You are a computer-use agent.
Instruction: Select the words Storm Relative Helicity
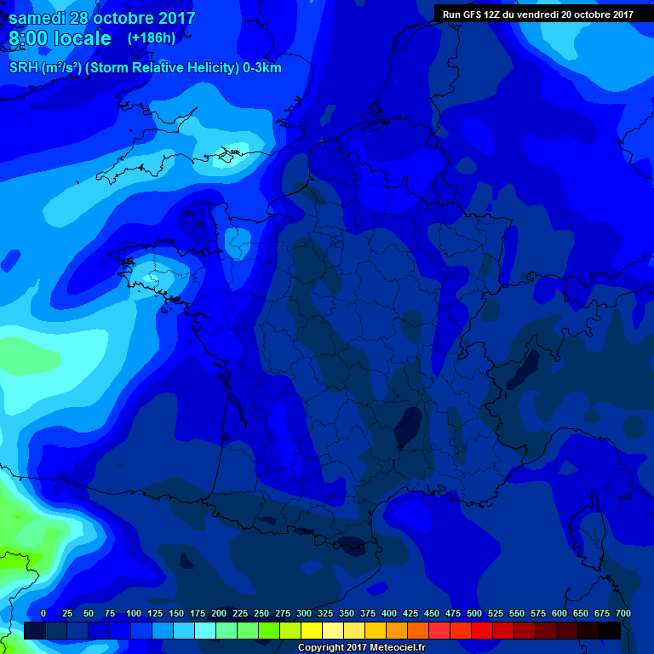pos(174,68)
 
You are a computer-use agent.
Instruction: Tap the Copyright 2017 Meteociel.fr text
pos(361,647)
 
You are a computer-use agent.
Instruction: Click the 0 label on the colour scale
pos(43,613)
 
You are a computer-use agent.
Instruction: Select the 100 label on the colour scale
pos(134,613)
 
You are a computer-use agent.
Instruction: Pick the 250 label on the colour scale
pos(261,613)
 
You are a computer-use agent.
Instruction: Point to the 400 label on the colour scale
pos(389,613)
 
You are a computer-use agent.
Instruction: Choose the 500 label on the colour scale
pos(474,613)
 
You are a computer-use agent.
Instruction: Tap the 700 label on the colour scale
pos(622,613)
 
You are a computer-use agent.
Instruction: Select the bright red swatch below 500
pos(482,630)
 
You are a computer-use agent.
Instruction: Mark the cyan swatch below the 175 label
pos(205,630)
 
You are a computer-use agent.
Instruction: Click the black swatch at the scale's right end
pos(610,630)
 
